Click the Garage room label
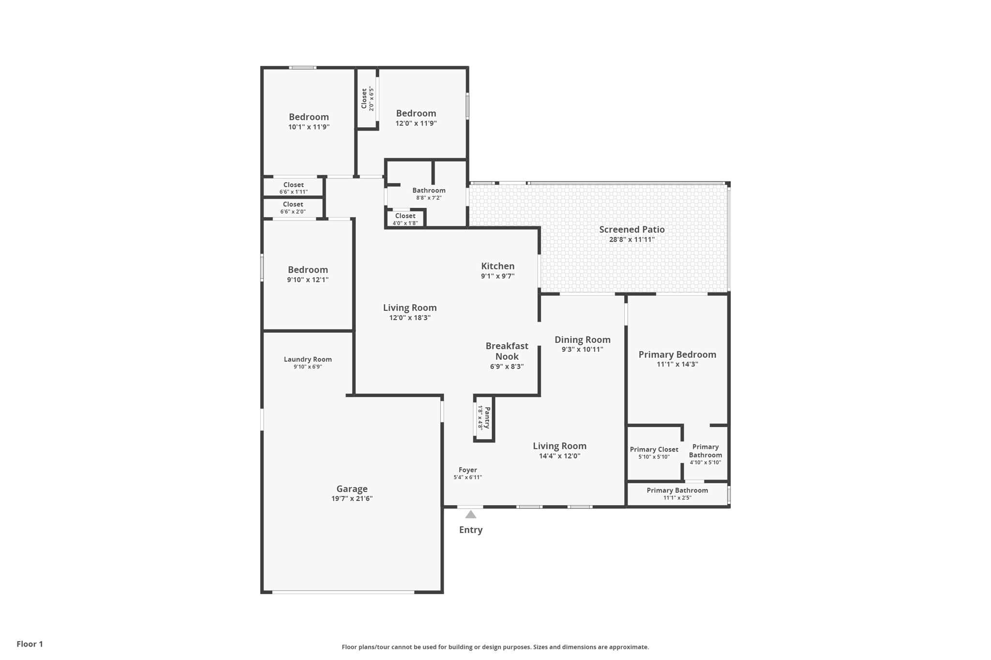coord(352,489)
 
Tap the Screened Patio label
coord(632,230)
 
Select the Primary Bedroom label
coord(677,354)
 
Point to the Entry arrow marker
coord(471,514)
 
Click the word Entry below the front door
coord(471,530)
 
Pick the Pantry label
coord(487,418)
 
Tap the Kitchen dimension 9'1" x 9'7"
coord(497,276)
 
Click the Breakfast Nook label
coord(507,351)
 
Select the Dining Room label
coord(583,339)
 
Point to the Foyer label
coord(468,469)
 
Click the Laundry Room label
coord(308,359)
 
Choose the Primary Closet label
coord(654,449)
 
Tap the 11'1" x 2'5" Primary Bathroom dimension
coord(677,498)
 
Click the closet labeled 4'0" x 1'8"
coord(405,219)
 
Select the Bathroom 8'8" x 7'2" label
coord(429,193)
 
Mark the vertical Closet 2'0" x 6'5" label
coord(368,99)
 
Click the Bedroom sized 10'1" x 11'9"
coord(309,121)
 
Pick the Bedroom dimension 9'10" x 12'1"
coord(308,279)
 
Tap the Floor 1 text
coord(30,644)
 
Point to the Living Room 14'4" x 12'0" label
coord(560,450)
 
